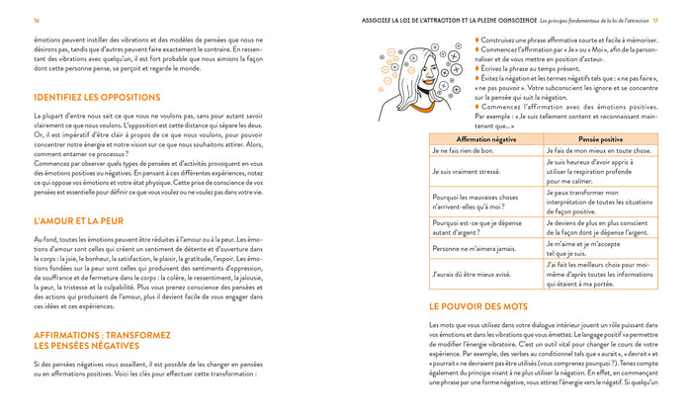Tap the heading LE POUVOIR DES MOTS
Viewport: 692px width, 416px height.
point(478,306)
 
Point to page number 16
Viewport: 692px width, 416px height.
point(37,20)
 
